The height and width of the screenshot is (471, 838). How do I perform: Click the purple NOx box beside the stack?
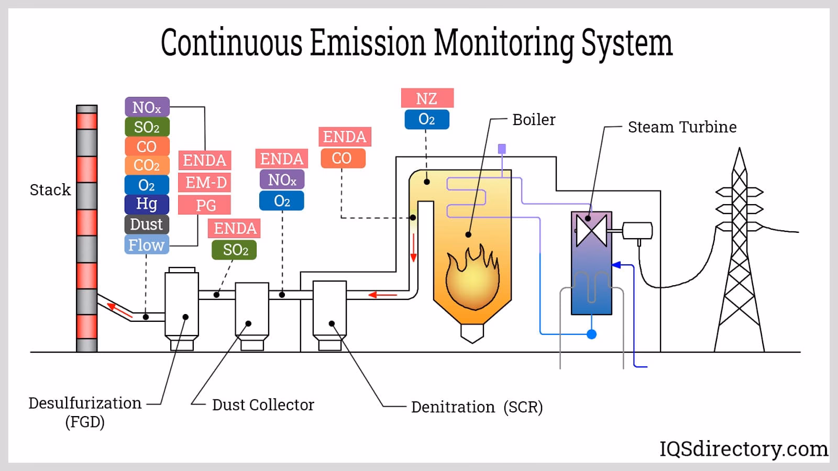[147, 107]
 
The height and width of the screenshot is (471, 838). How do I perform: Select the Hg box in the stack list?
[147, 204]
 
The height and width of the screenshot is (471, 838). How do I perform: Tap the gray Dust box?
[147, 225]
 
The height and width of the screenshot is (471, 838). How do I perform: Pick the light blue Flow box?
[147, 245]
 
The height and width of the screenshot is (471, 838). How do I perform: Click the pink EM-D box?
[205, 183]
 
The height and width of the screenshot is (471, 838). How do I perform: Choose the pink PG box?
[205, 205]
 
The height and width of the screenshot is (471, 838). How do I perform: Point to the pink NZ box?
[427, 98]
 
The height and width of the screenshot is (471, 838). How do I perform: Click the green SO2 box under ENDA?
[235, 250]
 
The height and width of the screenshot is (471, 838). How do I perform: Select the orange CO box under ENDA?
[342, 158]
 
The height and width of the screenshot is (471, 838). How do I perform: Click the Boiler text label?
[533, 120]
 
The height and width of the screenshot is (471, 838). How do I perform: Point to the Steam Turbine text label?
[682, 127]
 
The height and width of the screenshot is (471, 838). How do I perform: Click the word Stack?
[50, 189]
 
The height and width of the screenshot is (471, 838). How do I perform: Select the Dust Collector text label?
[263, 405]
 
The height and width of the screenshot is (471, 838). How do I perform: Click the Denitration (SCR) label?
[477, 407]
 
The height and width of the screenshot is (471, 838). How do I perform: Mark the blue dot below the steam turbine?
[591, 334]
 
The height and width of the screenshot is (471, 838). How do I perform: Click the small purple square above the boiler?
[502, 149]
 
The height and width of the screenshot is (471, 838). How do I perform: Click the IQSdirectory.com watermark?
[744, 449]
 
